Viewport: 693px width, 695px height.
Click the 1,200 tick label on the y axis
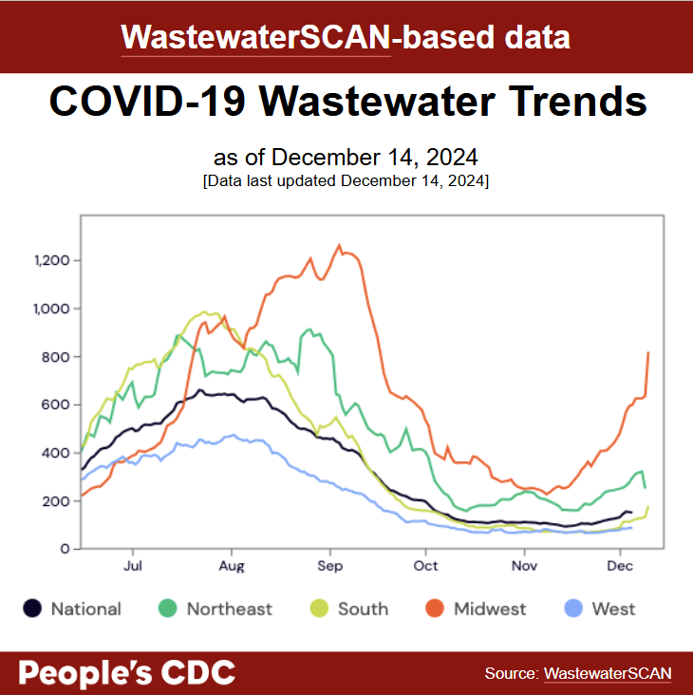pos(48,260)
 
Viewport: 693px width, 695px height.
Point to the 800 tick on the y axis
pos(56,357)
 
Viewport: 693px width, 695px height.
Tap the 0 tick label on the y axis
pos(64,549)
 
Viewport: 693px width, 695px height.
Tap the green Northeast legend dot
pos(168,609)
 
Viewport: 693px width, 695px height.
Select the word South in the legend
pos(363,610)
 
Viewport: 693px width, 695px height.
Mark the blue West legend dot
pos(574,609)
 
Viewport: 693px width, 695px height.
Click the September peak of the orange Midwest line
pos(340,245)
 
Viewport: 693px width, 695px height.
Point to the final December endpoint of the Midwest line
pos(648,352)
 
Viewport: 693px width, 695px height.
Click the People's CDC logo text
pos(126,673)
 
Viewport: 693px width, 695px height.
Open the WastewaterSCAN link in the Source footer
pos(608,673)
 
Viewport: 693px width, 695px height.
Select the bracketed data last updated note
pos(346,179)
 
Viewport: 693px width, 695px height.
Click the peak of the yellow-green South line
pos(205,311)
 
